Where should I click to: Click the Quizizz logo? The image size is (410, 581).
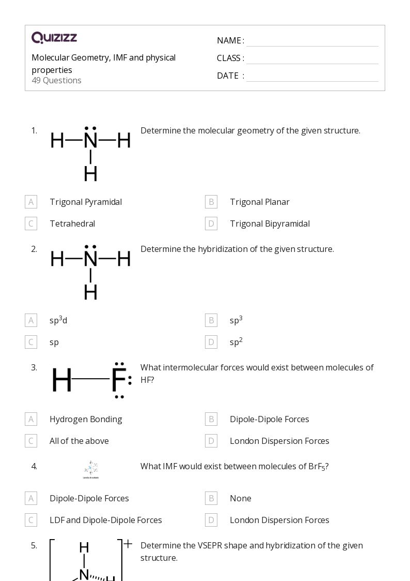[54, 38]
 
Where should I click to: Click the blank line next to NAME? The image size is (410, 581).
[312, 41]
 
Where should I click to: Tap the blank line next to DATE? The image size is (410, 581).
[312, 76]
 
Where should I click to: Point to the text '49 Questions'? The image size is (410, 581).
[56, 80]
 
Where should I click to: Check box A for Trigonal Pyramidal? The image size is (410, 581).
[31, 202]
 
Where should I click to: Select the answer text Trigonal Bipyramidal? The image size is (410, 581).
[270, 224]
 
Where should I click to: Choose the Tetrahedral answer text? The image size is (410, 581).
[72, 224]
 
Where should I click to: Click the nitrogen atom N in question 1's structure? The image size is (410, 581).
[90, 140]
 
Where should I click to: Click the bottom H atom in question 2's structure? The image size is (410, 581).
[90, 292]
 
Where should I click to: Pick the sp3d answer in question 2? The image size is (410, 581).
[58, 320]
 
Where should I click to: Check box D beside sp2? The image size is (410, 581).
[211, 342]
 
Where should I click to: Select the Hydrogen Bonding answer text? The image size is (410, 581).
[86, 419]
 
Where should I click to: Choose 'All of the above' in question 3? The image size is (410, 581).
[79, 441]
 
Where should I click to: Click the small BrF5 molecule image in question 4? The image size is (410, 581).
[91, 469]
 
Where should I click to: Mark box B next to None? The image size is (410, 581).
[211, 498]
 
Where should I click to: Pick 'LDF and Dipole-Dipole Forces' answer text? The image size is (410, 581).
[105, 520]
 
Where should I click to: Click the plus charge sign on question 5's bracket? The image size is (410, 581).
[128, 544]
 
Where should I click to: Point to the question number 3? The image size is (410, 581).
[34, 367]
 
